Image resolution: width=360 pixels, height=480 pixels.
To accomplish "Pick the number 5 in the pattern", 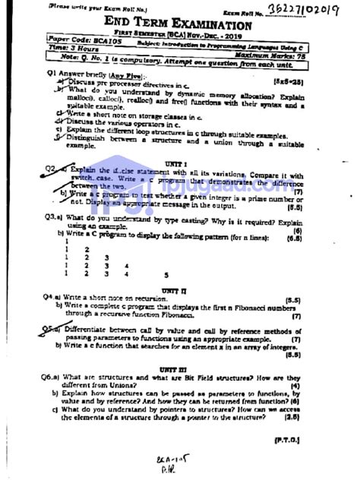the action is tap(166, 274).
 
